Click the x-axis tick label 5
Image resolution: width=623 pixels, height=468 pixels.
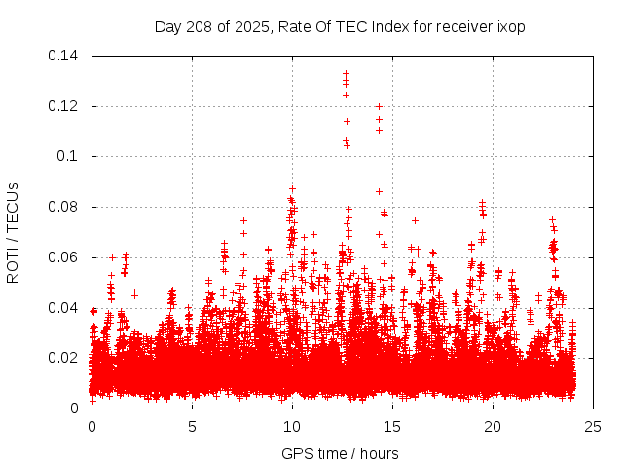192,426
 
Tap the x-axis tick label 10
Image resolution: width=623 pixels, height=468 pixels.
292,426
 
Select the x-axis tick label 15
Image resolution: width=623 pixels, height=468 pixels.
392,426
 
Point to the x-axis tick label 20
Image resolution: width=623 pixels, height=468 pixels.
493,426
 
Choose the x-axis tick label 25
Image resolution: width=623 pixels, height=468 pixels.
593,426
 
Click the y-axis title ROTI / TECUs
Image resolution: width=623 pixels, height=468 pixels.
13,232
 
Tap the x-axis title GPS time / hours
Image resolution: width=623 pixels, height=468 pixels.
340,453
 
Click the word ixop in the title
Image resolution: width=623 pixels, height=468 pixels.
509,26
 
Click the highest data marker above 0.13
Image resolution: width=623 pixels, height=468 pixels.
346,73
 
